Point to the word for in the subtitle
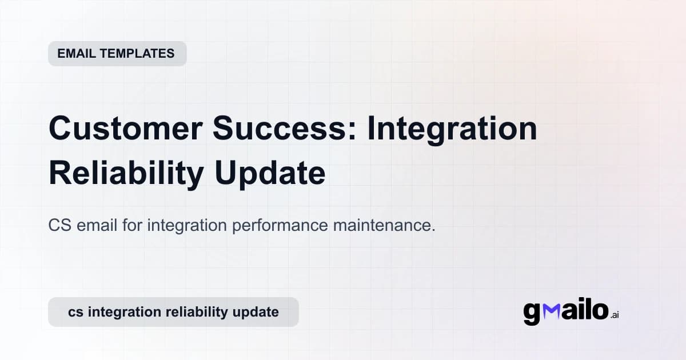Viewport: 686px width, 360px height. click(133, 225)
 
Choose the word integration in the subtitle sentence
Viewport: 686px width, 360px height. click(188, 225)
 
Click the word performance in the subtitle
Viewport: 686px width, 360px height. click(279, 225)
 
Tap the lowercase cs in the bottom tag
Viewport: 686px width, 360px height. click(75, 312)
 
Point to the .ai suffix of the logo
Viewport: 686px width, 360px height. click(615, 315)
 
